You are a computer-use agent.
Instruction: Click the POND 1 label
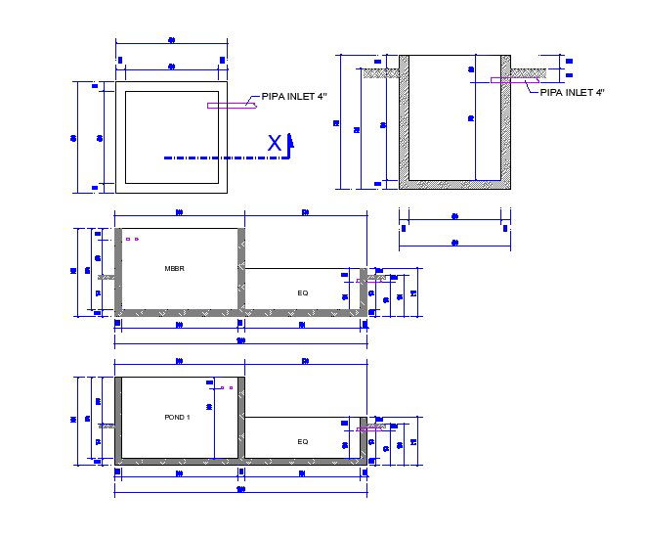pos(177,417)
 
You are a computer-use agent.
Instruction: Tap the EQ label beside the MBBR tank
pos(303,292)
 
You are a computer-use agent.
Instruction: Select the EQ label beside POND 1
pos(303,442)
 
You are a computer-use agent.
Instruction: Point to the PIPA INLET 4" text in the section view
pos(573,91)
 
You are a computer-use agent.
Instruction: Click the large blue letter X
pos(276,144)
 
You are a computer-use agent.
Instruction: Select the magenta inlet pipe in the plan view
pos(231,105)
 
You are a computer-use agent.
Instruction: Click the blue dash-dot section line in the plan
pos(215,157)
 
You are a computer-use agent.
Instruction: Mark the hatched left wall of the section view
pos(404,117)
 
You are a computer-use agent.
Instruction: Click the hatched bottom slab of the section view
pos(455,183)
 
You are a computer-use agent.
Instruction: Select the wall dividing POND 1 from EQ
pos(242,419)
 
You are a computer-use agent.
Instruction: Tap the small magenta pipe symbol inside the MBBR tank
pos(132,239)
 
